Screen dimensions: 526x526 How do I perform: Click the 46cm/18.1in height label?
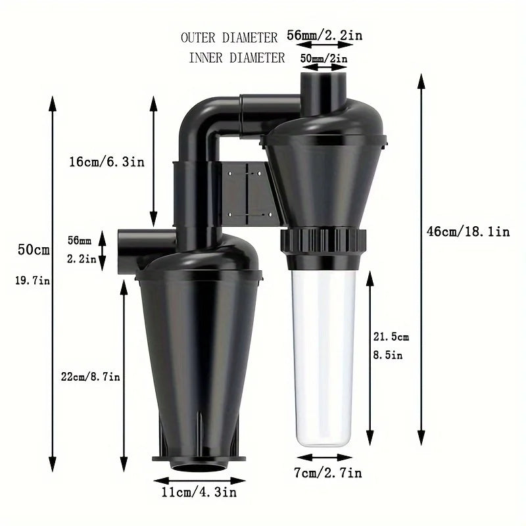(x=468, y=231)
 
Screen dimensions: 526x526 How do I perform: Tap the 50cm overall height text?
(x=34, y=250)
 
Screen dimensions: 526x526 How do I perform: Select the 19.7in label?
(x=32, y=280)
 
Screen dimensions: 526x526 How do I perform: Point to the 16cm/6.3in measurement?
(x=107, y=162)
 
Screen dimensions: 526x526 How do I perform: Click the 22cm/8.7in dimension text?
(x=90, y=377)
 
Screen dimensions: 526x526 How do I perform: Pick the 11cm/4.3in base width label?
(x=199, y=492)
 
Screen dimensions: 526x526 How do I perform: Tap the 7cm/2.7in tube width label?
(x=328, y=473)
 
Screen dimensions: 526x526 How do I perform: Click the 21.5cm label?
(x=391, y=337)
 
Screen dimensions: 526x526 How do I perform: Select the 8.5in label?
(x=388, y=355)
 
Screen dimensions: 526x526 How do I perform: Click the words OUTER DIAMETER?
(x=229, y=37)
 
